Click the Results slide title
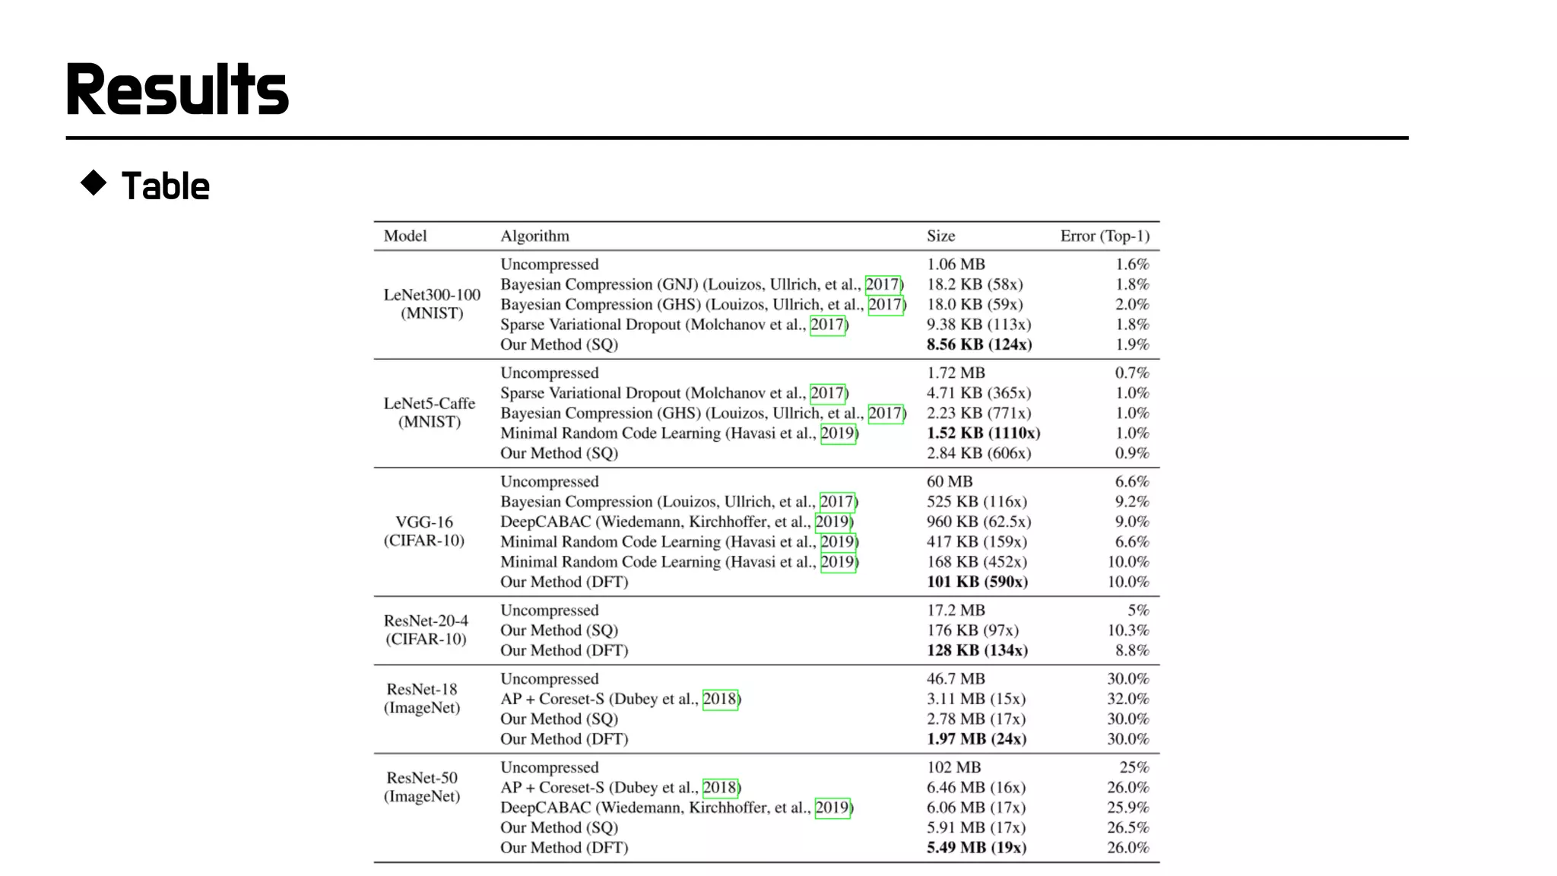(177, 90)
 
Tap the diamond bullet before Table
(94, 183)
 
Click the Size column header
(940, 236)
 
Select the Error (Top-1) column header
(1104, 236)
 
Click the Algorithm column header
(534, 236)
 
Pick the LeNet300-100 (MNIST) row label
(432, 303)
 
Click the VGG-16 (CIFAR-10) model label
(424, 531)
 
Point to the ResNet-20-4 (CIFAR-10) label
(426, 630)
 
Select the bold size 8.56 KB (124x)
(978, 344)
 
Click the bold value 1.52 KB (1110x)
(982, 433)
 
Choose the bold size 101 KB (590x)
(976, 582)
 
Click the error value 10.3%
(1127, 630)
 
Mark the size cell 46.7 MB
(955, 678)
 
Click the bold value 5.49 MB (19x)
(975, 847)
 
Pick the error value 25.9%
(1127, 808)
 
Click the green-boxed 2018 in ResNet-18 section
(719, 699)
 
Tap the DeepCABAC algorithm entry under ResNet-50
(676, 808)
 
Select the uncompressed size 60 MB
(949, 481)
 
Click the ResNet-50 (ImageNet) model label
(422, 787)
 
